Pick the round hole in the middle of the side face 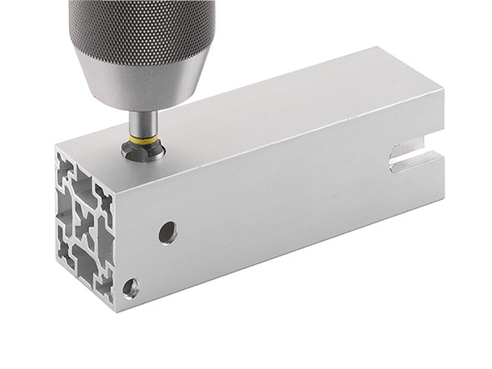(x=167, y=232)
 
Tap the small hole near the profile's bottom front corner (x=131, y=288)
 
